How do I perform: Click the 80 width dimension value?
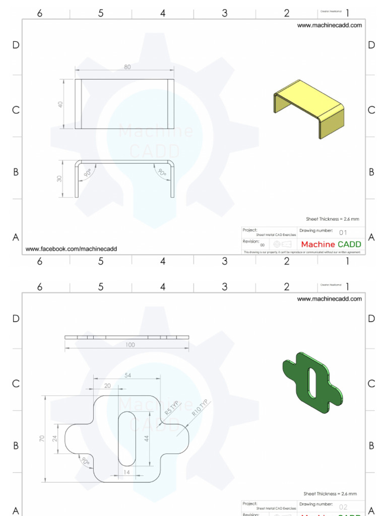(127, 67)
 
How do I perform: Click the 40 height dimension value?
(60, 104)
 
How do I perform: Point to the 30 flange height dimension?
(59, 179)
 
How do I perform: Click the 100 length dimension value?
(130, 345)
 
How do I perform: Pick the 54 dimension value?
(127, 375)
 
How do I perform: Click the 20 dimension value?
(107, 385)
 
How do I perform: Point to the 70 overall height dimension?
(42, 438)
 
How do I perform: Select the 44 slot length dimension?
(147, 438)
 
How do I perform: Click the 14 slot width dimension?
(126, 472)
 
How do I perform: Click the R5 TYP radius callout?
(172, 408)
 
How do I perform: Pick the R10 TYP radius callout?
(200, 407)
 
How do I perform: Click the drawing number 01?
(343, 233)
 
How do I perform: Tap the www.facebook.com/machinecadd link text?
(71, 249)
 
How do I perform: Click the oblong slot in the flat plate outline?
(127, 438)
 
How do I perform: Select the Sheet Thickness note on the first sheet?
(333, 219)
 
